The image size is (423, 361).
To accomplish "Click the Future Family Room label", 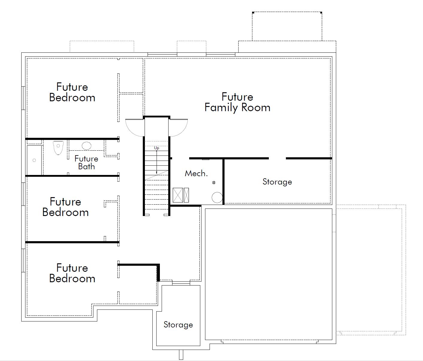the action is coord(237,102).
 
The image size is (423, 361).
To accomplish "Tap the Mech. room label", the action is coord(196,173).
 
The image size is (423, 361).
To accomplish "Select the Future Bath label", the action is coord(86,162).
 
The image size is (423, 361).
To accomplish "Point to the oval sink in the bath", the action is coord(87,146).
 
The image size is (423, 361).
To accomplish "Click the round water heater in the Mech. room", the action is coord(217,198).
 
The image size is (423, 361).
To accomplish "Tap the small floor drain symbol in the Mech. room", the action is coord(214,182).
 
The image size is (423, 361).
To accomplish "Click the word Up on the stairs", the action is coord(157,148).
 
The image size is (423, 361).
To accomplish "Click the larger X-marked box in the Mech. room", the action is coord(178,195).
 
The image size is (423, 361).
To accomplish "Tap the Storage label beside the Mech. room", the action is coord(277,182).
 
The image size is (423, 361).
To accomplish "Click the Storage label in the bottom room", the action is coord(178,325).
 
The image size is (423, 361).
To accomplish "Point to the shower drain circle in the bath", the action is coord(34,160).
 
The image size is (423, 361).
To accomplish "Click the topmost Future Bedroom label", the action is coord(72,92).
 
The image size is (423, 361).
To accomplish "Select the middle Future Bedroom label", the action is coord(66,207).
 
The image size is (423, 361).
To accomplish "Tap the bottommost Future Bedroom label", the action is coord(72,273).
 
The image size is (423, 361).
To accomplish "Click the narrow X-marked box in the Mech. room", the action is coord(186,195).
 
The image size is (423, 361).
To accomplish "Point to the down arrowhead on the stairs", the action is coord(157,173).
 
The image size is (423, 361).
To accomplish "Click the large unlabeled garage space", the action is coord(269,274).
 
